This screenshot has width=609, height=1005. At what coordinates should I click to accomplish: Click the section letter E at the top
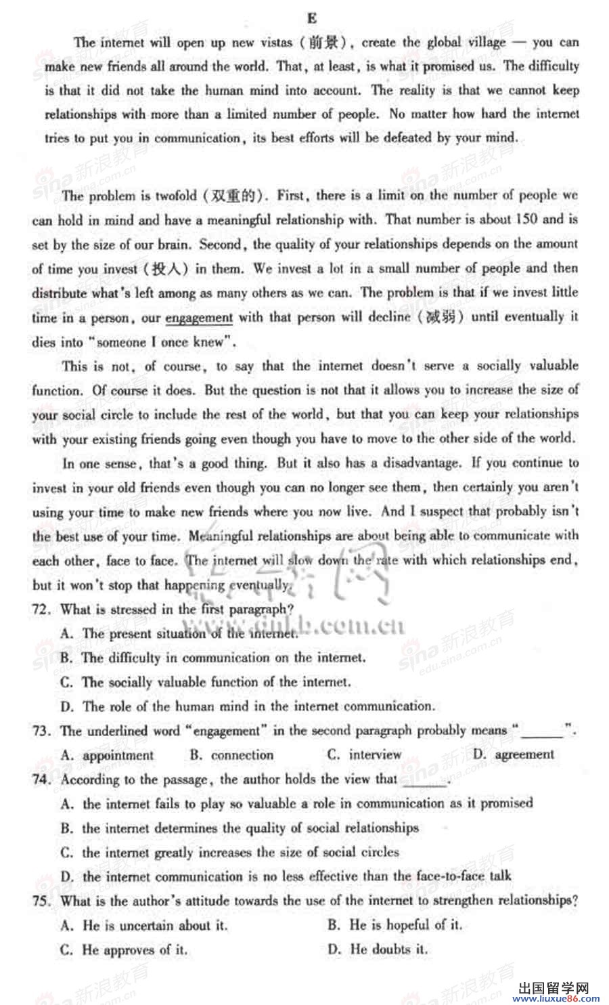click(312, 18)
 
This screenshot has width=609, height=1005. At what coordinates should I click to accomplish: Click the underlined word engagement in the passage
click(199, 318)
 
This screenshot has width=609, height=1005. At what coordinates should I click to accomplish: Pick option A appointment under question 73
click(108, 755)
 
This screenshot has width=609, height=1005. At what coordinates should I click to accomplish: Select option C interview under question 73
click(365, 754)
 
